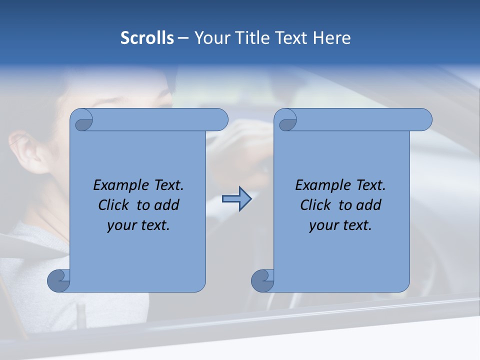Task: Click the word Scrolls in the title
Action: pos(147,37)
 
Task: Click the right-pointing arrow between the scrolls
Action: pos(236,199)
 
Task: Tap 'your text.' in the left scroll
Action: pos(138,225)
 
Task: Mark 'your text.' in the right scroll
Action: pos(340,225)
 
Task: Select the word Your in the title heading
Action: pos(211,37)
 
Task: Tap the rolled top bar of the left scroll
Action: pos(155,119)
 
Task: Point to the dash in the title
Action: pos(183,38)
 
